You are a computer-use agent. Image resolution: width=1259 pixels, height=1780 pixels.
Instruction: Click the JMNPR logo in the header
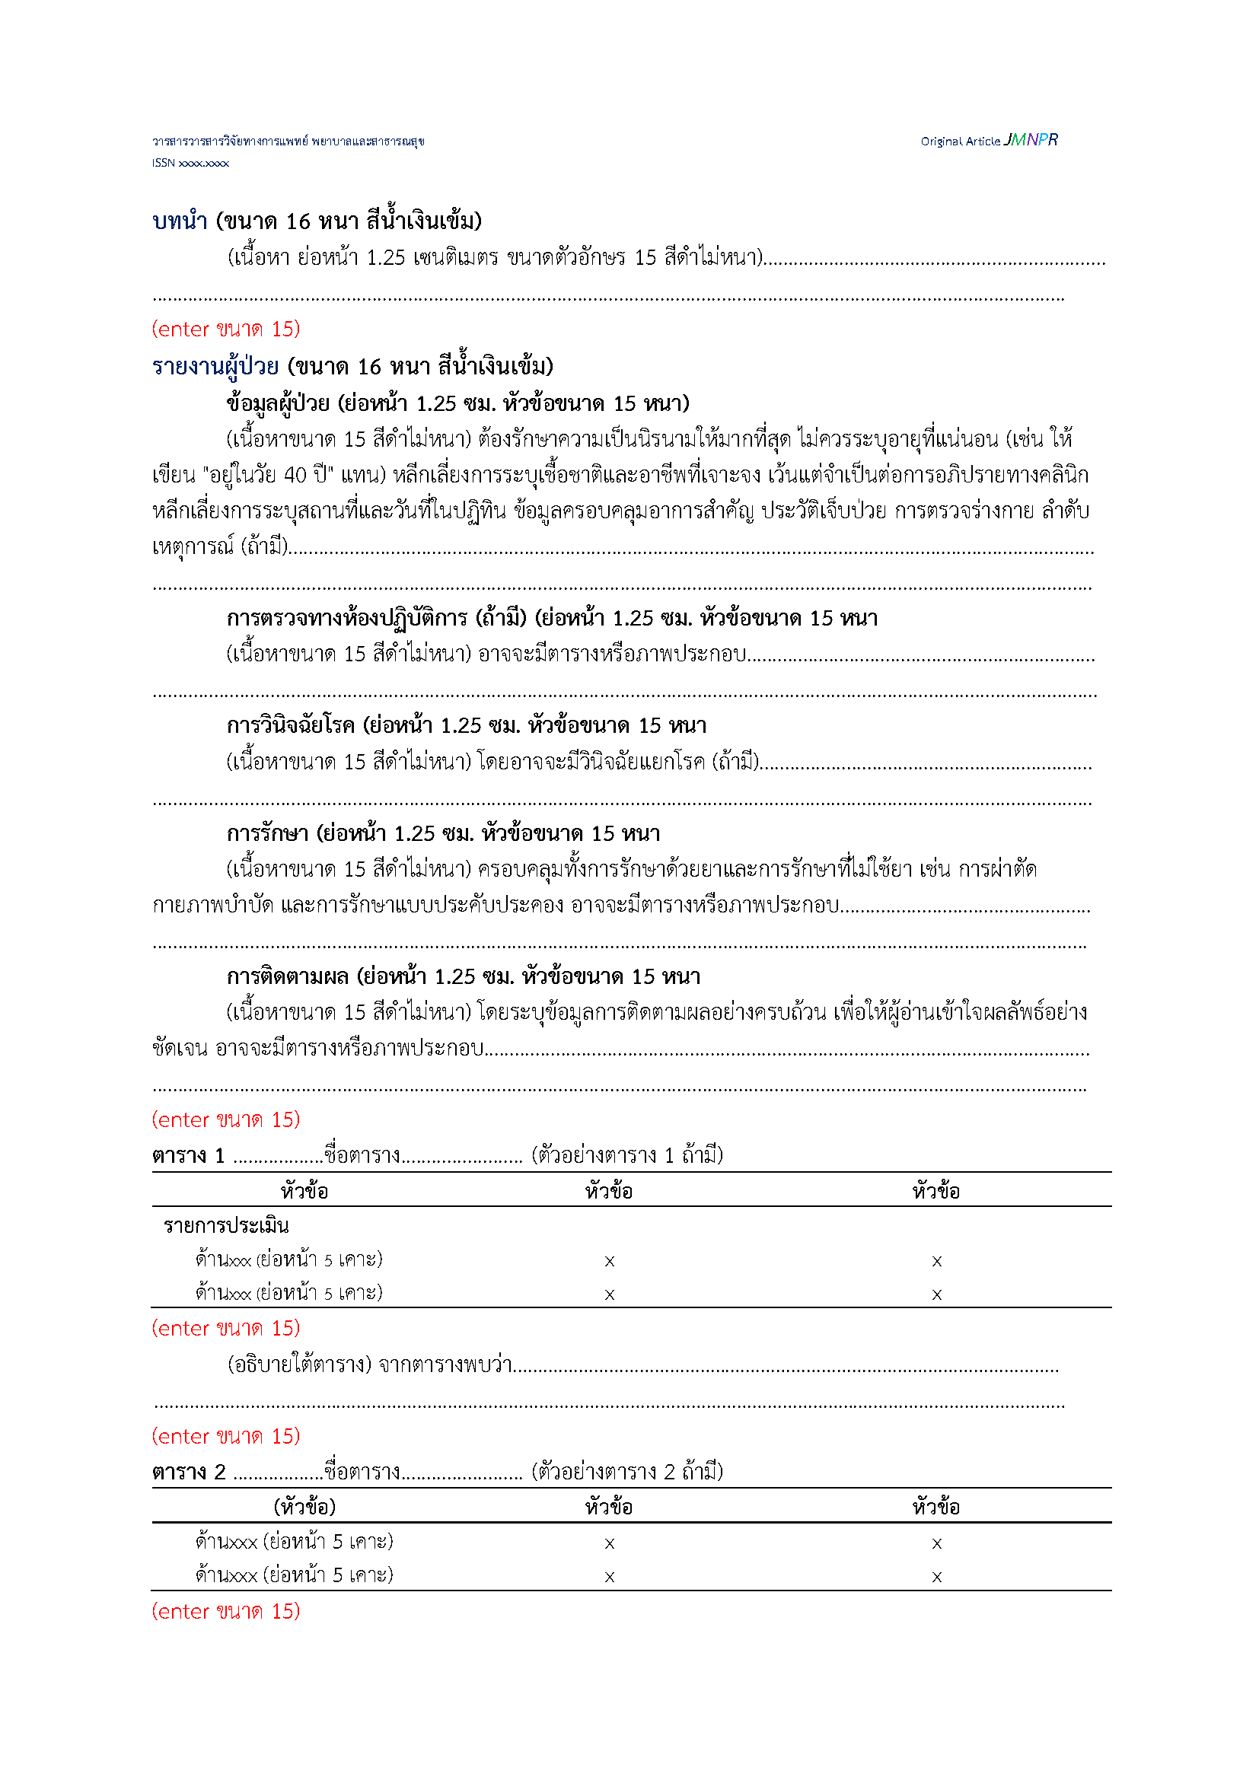1031,139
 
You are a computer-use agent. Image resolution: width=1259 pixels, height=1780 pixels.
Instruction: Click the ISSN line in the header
190,163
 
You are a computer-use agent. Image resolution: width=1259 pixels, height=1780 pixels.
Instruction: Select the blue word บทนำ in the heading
180,221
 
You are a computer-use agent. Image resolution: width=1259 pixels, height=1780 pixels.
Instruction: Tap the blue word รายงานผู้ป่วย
215,366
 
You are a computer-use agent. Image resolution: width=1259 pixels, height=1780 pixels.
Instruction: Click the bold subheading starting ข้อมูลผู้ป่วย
457,403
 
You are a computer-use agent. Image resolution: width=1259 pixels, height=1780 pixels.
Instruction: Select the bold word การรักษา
267,833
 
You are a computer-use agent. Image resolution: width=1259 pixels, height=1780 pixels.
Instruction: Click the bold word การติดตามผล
288,977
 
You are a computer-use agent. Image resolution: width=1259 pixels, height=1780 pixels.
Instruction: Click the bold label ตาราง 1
188,1156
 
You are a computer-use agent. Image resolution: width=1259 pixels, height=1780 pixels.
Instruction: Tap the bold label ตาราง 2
188,1473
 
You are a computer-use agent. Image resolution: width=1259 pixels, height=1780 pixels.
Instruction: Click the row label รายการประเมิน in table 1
225,1226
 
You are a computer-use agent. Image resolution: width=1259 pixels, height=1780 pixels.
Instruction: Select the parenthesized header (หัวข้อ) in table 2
304,1507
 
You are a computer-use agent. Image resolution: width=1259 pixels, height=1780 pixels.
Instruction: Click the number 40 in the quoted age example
295,474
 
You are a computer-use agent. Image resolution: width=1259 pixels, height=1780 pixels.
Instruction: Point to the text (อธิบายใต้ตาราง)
299,1364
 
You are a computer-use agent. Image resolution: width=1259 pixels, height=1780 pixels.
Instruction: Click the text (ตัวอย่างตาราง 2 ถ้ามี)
626,1472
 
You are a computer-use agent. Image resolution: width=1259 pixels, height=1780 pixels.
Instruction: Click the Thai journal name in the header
288,141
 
